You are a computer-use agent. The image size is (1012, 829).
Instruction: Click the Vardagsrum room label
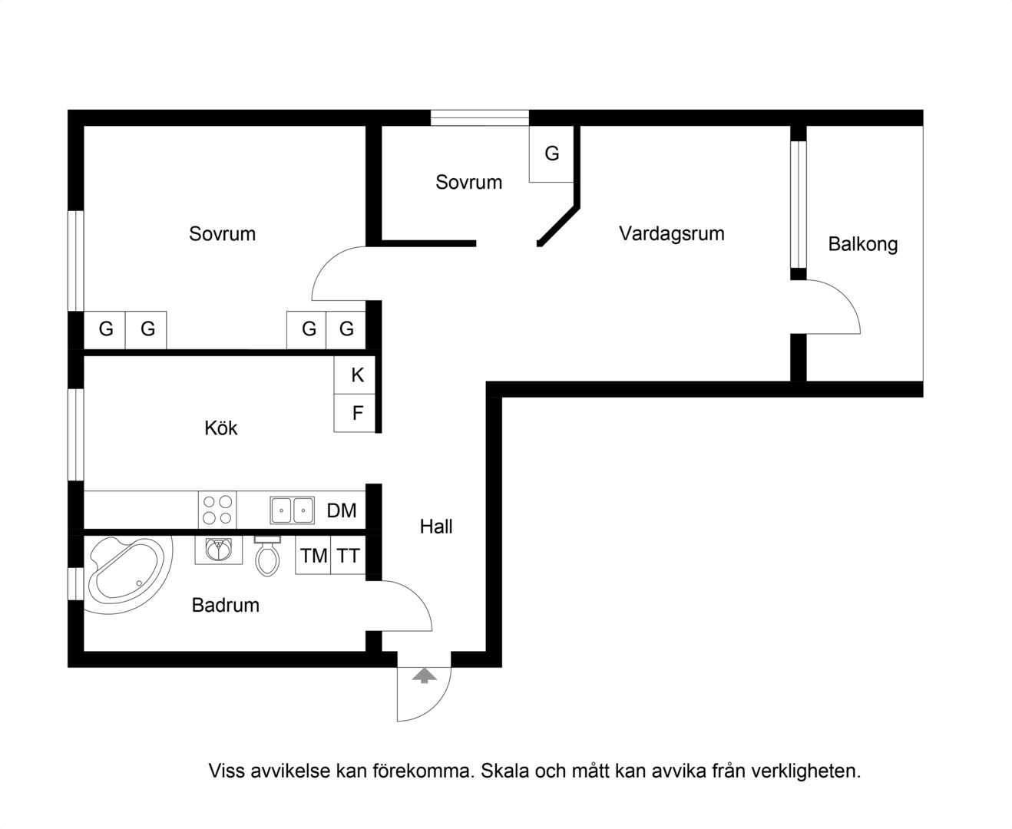(671, 233)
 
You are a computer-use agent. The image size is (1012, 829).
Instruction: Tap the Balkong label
(863, 244)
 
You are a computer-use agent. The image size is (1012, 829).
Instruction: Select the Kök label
(220, 428)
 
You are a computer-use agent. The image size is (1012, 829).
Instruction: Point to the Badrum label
(226, 605)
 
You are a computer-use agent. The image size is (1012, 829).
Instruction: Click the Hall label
(435, 527)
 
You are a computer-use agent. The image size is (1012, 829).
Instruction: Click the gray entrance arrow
(424, 676)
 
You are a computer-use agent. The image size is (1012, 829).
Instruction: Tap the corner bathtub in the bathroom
(128, 575)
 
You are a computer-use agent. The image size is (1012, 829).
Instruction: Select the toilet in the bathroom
(267, 556)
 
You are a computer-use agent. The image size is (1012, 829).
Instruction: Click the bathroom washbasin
(218, 550)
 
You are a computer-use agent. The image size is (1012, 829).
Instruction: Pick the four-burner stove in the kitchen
(217, 510)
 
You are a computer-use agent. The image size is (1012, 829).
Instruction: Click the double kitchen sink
(293, 510)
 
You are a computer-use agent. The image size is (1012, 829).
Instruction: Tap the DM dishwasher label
(342, 511)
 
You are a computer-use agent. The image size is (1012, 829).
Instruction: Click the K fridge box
(355, 375)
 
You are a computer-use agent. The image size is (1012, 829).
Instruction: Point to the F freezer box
(355, 413)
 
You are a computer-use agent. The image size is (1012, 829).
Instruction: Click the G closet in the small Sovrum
(551, 154)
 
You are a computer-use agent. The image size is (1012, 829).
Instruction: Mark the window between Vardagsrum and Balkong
(799, 205)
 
